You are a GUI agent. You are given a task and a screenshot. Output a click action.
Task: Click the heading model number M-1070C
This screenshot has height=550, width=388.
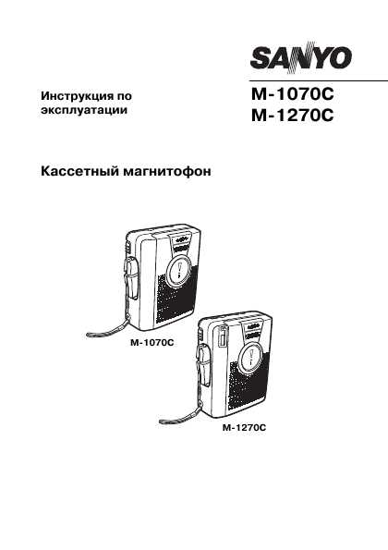pos(292,94)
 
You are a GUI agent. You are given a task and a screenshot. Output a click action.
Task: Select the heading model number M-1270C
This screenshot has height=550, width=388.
pos(292,115)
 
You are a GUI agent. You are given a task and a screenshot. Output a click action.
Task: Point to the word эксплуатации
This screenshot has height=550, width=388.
pos(84,110)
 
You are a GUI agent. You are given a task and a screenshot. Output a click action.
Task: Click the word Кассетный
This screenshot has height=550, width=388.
pos(80,172)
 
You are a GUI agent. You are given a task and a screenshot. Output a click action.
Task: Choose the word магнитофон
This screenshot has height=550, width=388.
pos(167,172)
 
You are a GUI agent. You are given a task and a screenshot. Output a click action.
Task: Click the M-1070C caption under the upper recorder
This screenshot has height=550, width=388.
pos(152,342)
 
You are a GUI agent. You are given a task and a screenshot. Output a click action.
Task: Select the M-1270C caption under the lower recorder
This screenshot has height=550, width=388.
pos(244,428)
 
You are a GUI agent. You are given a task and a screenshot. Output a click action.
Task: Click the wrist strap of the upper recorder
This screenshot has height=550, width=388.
pos(109,329)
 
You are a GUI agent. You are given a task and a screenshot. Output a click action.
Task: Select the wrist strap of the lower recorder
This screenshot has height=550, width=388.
pos(180,414)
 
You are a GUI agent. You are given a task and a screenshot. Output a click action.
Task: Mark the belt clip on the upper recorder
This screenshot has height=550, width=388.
pos(130,277)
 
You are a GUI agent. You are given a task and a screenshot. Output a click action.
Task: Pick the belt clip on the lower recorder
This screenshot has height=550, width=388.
pos(203,365)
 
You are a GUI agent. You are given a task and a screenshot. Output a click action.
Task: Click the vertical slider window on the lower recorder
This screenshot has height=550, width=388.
pos(222,336)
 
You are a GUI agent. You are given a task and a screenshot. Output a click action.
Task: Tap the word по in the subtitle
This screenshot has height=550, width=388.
pos(125,96)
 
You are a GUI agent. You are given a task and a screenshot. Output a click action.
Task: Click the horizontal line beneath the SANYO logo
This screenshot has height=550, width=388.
pos(319,81)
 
